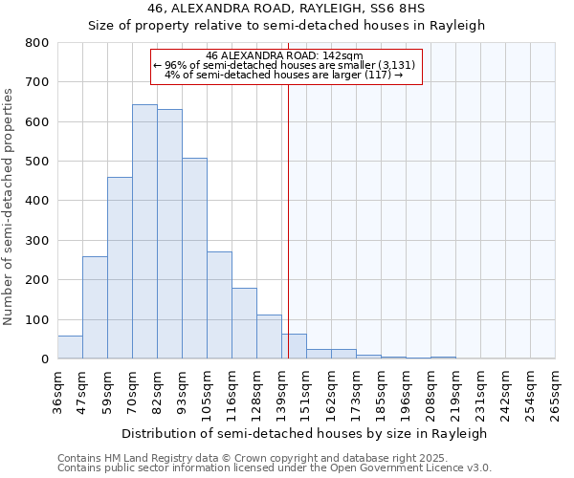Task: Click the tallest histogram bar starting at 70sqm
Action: (x=144, y=231)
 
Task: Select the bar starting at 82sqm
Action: (x=169, y=234)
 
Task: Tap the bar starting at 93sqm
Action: (x=194, y=258)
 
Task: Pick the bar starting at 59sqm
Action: (x=120, y=268)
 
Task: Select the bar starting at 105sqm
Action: (x=219, y=305)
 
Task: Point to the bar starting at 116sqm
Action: (x=244, y=323)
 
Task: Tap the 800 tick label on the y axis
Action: (x=36, y=43)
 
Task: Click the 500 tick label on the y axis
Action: (x=36, y=162)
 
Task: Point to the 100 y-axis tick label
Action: (x=36, y=319)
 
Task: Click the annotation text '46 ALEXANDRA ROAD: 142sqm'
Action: (x=285, y=55)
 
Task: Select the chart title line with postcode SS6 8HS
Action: (x=286, y=9)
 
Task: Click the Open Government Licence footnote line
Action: (x=275, y=468)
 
